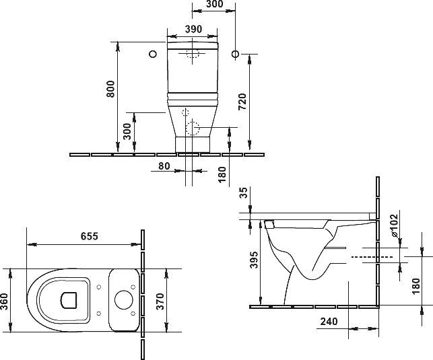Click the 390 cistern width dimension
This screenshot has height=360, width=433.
click(193, 29)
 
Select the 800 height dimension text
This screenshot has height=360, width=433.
click(110, 89)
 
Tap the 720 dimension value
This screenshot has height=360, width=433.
click(242, 102)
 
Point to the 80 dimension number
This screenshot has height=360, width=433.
click(164, 166)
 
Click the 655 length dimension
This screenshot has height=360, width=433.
click(89, 236)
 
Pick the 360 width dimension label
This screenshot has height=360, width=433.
click(4, 301)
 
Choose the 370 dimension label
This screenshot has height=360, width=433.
click(160, 301)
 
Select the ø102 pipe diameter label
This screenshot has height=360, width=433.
click(394, 225)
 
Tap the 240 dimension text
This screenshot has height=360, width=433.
click(329, 322)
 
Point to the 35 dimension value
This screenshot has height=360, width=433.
click(244, 192)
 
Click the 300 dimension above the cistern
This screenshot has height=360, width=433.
click(214, 4)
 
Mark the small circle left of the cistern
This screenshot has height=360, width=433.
click(153, 54)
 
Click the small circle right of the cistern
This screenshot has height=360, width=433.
click(235, 54)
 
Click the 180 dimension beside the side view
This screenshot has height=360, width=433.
click(415, 287)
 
